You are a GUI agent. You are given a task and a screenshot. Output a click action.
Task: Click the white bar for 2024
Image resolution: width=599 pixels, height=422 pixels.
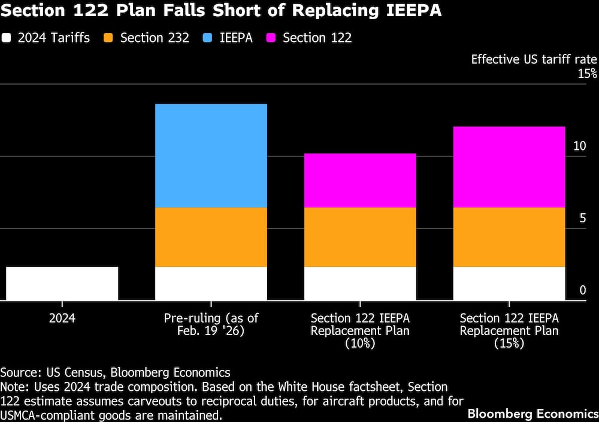(x=62, y=283)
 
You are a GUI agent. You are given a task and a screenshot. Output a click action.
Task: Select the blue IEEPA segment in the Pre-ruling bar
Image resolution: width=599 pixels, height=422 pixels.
(x=211, y=155)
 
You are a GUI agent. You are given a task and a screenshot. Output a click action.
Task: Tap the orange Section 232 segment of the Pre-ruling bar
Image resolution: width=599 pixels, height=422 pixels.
(x=211, y=237)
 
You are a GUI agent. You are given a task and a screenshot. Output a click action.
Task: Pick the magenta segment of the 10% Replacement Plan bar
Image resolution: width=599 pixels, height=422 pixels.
(x=360, y=180)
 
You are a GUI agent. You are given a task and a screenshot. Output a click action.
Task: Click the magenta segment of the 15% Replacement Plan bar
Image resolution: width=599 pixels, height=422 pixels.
(x=509, y=167)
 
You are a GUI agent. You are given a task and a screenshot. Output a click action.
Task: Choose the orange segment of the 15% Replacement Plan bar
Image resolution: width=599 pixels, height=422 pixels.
(x=509, y=237)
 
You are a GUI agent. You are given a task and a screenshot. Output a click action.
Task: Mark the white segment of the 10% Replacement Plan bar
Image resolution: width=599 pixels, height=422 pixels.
(x=360, y=283)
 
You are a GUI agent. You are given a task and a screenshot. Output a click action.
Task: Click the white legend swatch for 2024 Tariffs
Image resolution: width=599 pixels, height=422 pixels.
(x=7, y=38)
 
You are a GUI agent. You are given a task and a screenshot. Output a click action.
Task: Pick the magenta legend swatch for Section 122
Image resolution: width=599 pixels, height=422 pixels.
(x=271, y=38)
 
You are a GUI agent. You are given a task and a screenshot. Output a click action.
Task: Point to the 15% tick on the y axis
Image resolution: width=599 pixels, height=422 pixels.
(x=587, y=74)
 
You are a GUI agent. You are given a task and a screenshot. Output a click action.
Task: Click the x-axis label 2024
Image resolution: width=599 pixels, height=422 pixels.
(x=62, y=318)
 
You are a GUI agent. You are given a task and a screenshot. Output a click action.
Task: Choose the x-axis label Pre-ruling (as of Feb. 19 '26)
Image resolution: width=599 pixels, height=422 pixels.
(x=211, y=324)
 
